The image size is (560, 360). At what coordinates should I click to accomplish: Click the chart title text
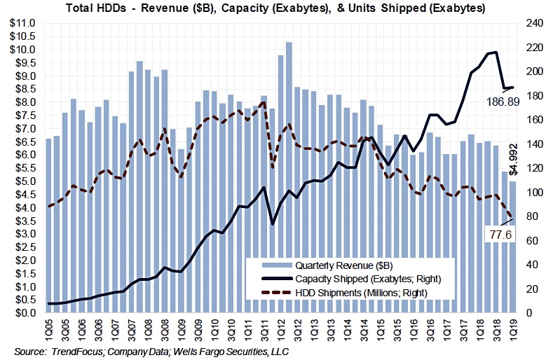280,9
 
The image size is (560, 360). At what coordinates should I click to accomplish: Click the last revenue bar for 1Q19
512,245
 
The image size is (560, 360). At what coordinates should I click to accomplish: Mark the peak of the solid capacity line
496,52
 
